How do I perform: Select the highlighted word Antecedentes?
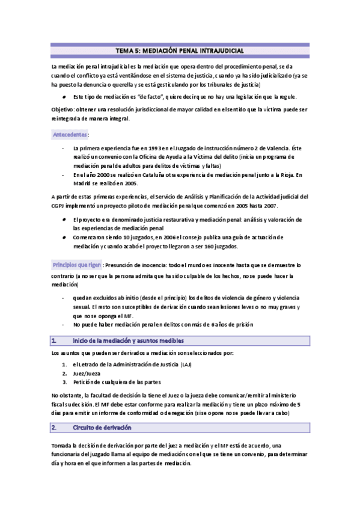70,134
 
